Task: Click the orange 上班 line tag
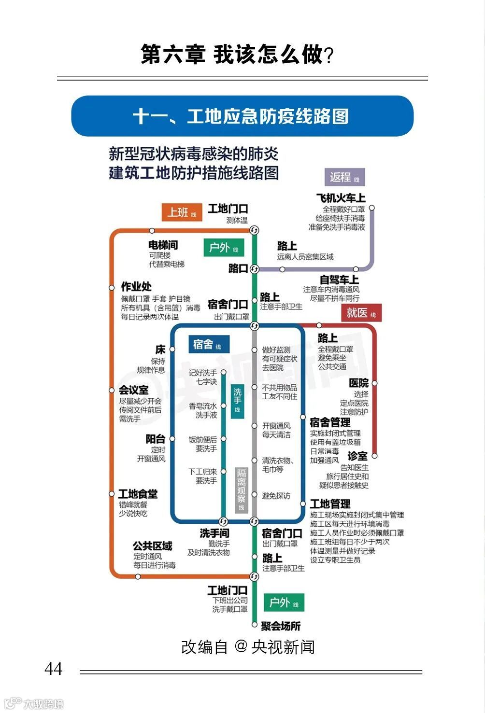(182, 212)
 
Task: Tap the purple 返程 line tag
(344, 177)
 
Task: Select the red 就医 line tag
(361, 313)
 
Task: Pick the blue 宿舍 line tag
(207, 345)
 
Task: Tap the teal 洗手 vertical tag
(237, 400)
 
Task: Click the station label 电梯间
(163, 245)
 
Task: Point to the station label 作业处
(136, 287)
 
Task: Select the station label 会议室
(134, 390)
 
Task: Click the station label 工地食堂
(138, 494)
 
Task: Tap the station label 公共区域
(152, 546)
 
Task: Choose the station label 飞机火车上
(341, 198)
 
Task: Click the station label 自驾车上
(339, 280)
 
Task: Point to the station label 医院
(358, 383)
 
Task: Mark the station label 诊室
(357, 456)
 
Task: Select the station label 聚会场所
(281, 626)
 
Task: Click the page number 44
(53, 669)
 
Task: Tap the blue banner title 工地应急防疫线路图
(242, 116)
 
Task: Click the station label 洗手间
(214, 533)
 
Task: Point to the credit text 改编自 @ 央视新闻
(248, 647)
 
